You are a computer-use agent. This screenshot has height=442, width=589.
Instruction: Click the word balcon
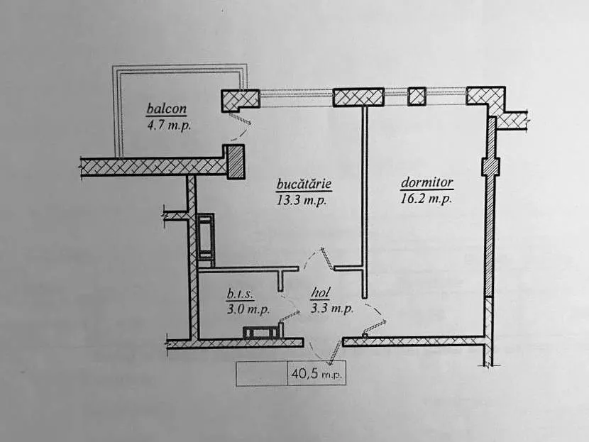coord(166,109)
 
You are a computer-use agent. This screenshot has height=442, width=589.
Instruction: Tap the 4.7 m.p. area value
coord(169,125)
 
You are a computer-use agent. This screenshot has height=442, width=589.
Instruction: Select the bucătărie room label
coord(304,184)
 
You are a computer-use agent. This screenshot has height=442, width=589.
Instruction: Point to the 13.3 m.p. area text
coord(302,200)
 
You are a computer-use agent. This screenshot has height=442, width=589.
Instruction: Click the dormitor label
coord(427,182)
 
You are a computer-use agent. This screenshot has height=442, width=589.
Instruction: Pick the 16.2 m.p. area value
coord(426,198)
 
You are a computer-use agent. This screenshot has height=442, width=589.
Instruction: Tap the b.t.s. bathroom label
coord(240,294)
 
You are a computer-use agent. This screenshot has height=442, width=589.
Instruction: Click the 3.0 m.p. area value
coord(248,309)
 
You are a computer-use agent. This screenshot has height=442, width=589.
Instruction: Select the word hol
coord(321,293)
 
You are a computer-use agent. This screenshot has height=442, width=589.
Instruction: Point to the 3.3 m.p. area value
coord(332,309)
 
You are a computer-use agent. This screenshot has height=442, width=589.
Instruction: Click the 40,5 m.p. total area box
coord(316,374)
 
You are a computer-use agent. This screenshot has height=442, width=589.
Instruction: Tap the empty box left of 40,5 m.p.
coord(262,374)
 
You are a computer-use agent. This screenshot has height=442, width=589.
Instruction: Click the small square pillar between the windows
coord(417,96)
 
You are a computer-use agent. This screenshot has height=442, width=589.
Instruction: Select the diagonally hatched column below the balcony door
coord(236,162)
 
